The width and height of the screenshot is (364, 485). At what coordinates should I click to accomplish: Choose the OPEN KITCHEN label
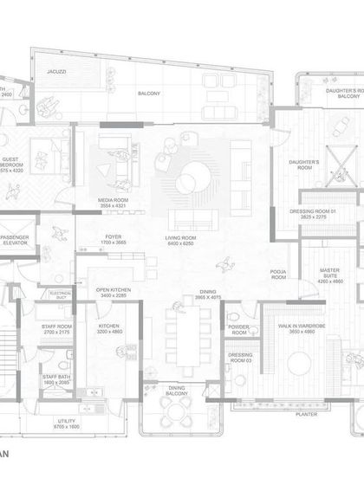pyautogui.click(x=113, y=291)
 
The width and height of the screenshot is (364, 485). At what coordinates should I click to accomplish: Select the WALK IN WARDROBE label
pyautogui.click(x=297, y=326)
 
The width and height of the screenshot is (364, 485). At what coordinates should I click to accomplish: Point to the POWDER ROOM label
pyautogui.click(x=239, y=329)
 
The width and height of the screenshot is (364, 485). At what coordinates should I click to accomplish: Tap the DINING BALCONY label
pyautogui.click(x=177, y=391)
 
